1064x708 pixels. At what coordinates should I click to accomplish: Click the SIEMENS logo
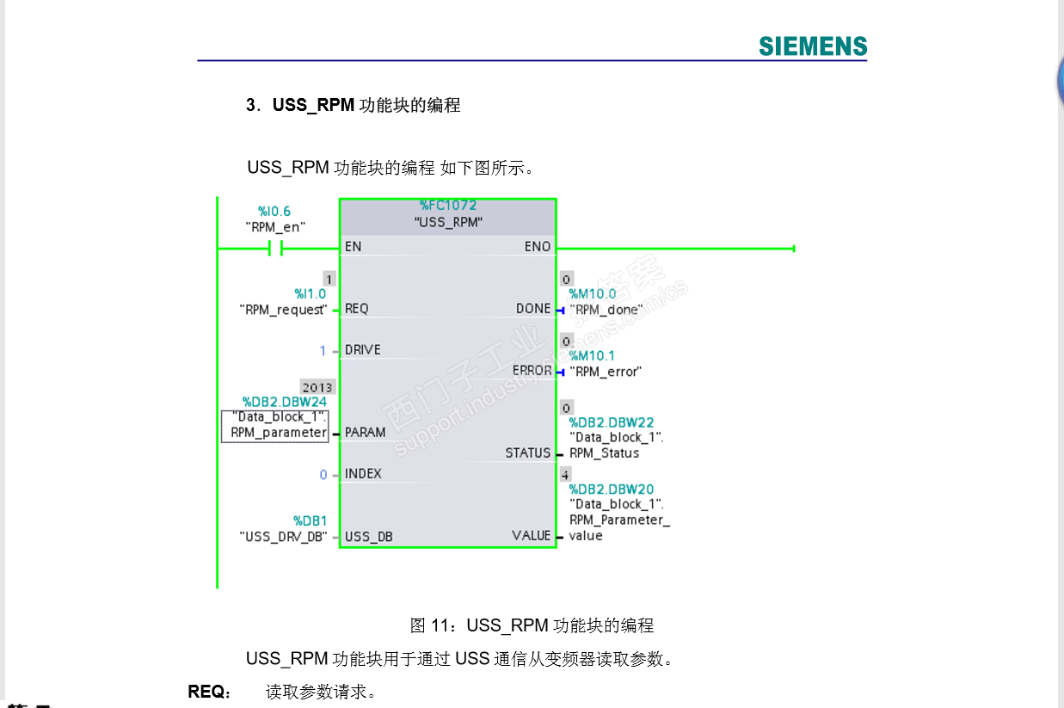813,46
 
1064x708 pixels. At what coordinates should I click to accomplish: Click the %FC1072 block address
447,206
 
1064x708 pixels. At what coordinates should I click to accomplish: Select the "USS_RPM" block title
447,222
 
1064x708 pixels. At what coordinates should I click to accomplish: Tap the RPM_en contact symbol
275,249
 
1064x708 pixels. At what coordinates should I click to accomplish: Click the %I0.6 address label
274,211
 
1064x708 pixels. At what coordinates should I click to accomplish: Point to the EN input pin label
353,247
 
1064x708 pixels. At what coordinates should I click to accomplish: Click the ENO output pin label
538,247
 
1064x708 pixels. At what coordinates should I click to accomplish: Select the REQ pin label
356,309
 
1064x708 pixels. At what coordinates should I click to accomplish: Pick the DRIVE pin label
362,350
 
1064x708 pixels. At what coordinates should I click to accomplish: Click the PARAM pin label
365,433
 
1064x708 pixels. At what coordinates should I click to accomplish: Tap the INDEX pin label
362,474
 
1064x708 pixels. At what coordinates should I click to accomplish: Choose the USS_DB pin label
368,537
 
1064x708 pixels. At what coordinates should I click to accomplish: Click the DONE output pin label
533,309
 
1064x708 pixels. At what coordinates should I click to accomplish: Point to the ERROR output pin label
532,371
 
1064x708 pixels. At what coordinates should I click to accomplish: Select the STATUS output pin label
528,453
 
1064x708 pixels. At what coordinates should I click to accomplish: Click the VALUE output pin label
531,536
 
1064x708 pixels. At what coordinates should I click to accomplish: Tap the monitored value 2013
317,387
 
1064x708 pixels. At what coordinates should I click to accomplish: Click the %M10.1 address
592,355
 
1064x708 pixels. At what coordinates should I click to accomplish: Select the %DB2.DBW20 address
611,489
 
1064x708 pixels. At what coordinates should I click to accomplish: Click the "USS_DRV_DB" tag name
283,537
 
